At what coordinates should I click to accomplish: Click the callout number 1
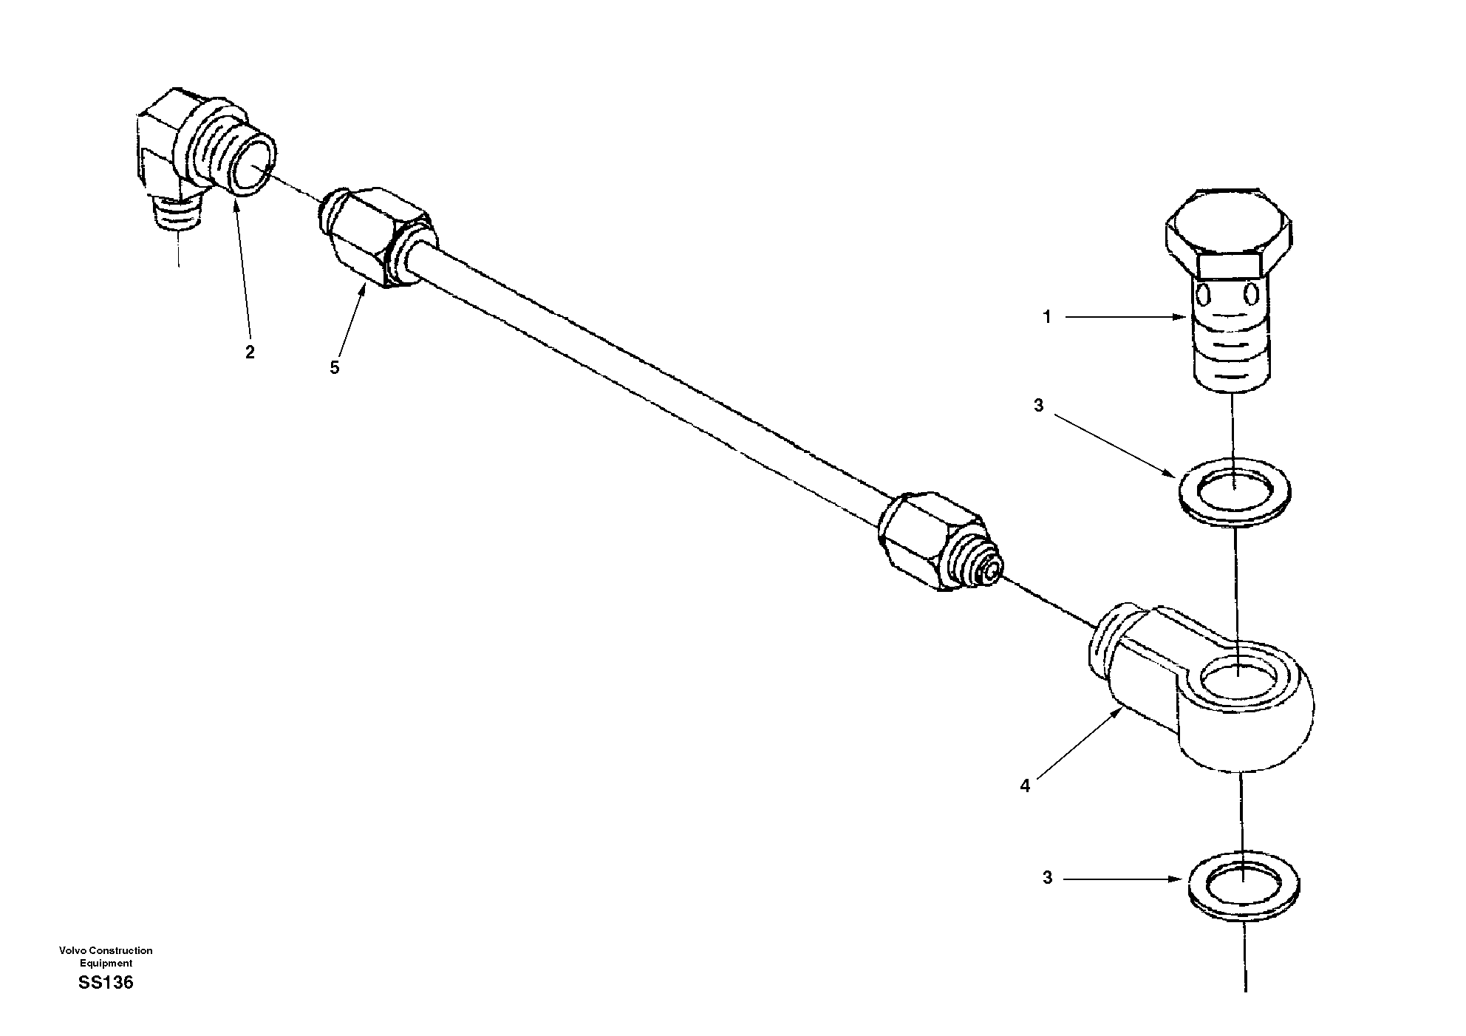click(x=1046, y=317)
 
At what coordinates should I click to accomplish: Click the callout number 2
click(x=250, y=352)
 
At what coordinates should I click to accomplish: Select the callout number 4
click(x=1025, y=786)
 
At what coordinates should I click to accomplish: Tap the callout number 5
click(x=335, y=367)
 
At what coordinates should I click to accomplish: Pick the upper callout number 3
click(x=1038, y=405)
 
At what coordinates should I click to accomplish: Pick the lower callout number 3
click(x=1047, y=879)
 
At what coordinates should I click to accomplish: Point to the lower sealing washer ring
click(x=1244, y=884)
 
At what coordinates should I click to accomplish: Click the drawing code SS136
click(x=106, y=983)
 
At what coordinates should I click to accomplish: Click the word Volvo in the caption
click(x=73, y=950)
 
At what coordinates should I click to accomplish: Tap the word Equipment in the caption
click(x=106, y=963)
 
